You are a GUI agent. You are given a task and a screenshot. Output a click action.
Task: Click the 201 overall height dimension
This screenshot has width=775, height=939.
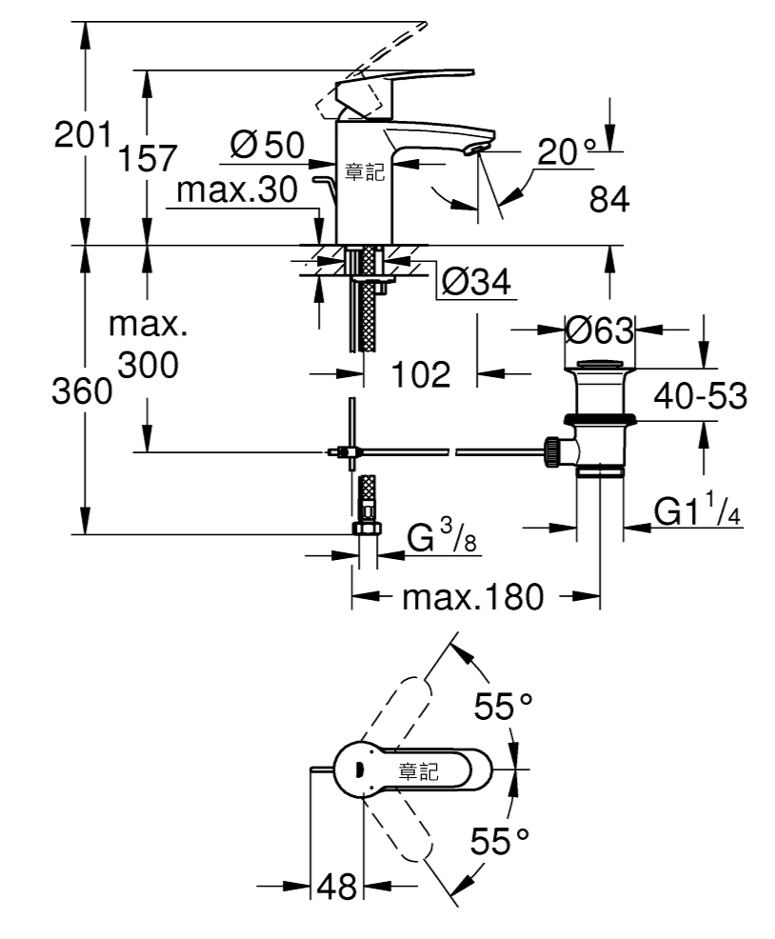83,134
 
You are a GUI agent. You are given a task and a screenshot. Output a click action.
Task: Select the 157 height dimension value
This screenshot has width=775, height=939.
148,158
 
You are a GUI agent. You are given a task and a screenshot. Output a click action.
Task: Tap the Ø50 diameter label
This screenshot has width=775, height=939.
268,145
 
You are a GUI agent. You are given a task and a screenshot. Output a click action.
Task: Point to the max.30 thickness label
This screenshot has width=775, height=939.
236,190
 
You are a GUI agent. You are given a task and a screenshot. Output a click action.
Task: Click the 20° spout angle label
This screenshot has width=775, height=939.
566,151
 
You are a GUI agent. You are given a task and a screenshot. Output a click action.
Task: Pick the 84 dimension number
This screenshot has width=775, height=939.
609,199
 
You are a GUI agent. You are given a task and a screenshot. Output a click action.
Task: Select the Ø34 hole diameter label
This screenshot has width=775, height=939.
476,282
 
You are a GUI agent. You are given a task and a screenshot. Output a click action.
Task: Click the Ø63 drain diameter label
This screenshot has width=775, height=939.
600,330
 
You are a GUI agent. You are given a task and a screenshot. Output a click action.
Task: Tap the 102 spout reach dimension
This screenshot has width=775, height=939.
421,374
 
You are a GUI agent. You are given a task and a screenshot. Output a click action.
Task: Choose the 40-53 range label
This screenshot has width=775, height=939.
700,396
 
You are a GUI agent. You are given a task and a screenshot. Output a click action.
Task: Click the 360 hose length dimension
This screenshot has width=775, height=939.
82,391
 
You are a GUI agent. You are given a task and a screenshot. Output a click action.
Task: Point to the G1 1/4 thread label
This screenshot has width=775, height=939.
698,509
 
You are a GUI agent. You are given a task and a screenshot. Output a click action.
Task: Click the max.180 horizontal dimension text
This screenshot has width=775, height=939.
473,597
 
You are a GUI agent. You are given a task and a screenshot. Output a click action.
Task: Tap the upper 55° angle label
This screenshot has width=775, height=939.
503,706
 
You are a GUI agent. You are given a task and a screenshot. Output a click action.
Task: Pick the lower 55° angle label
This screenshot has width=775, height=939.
500,842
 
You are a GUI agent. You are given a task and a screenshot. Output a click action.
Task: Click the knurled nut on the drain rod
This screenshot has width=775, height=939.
552,451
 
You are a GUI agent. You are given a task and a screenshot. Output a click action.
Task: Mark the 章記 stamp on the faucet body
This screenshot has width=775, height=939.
364,172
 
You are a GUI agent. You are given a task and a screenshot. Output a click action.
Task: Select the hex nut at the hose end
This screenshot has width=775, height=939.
367,529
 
